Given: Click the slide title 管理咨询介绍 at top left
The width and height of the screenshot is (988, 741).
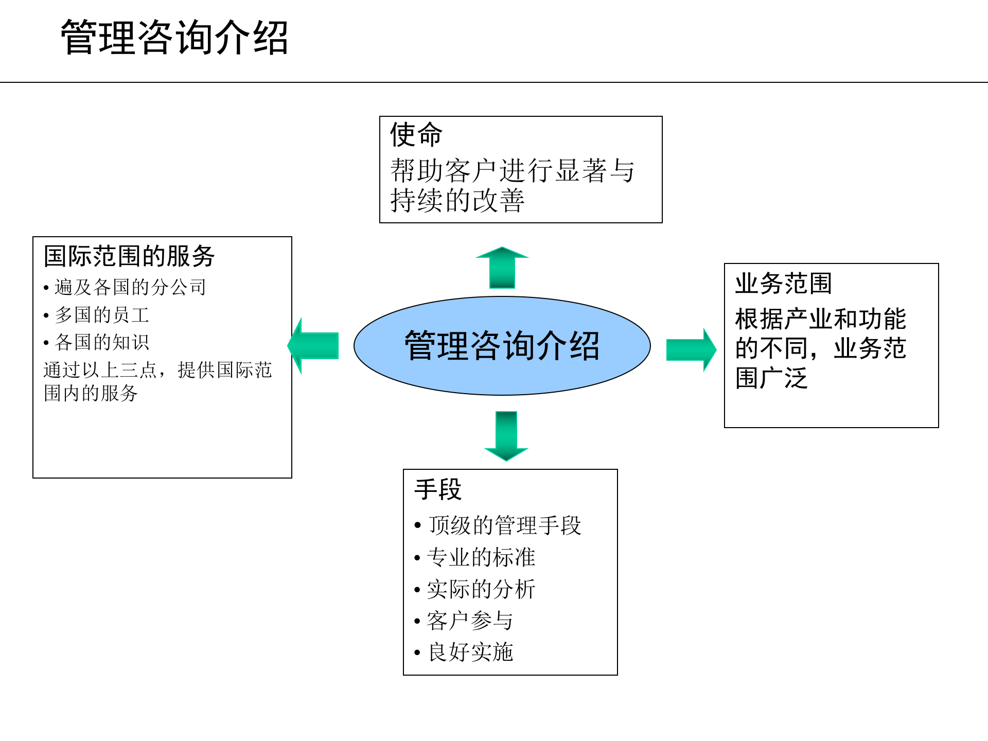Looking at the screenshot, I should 174,37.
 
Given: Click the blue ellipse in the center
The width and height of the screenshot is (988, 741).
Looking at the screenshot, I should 502,345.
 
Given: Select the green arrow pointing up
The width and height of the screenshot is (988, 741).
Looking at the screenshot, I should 502,268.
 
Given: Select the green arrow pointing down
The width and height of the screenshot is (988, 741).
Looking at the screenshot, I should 506,435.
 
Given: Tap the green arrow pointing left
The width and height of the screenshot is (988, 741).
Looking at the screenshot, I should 313,345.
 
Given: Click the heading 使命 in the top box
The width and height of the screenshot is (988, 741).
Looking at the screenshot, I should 416,134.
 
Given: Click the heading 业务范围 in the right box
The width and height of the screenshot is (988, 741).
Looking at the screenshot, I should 783,284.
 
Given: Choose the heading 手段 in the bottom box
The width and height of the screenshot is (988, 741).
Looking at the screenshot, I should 438,489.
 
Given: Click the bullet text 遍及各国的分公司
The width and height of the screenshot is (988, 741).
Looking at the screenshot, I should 130,287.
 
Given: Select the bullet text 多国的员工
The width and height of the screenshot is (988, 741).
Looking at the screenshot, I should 102,315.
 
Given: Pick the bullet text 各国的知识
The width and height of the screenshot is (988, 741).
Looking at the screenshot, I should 102,342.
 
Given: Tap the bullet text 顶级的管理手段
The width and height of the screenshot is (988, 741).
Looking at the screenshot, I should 504,525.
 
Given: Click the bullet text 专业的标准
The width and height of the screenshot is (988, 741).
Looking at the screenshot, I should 481,557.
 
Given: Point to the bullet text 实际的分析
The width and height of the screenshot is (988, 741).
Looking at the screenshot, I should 481,589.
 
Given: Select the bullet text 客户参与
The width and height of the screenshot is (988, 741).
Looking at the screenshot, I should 470,621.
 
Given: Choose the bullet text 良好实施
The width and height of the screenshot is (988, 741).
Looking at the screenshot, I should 470,652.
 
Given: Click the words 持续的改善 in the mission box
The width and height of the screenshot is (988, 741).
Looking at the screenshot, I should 457,200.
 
